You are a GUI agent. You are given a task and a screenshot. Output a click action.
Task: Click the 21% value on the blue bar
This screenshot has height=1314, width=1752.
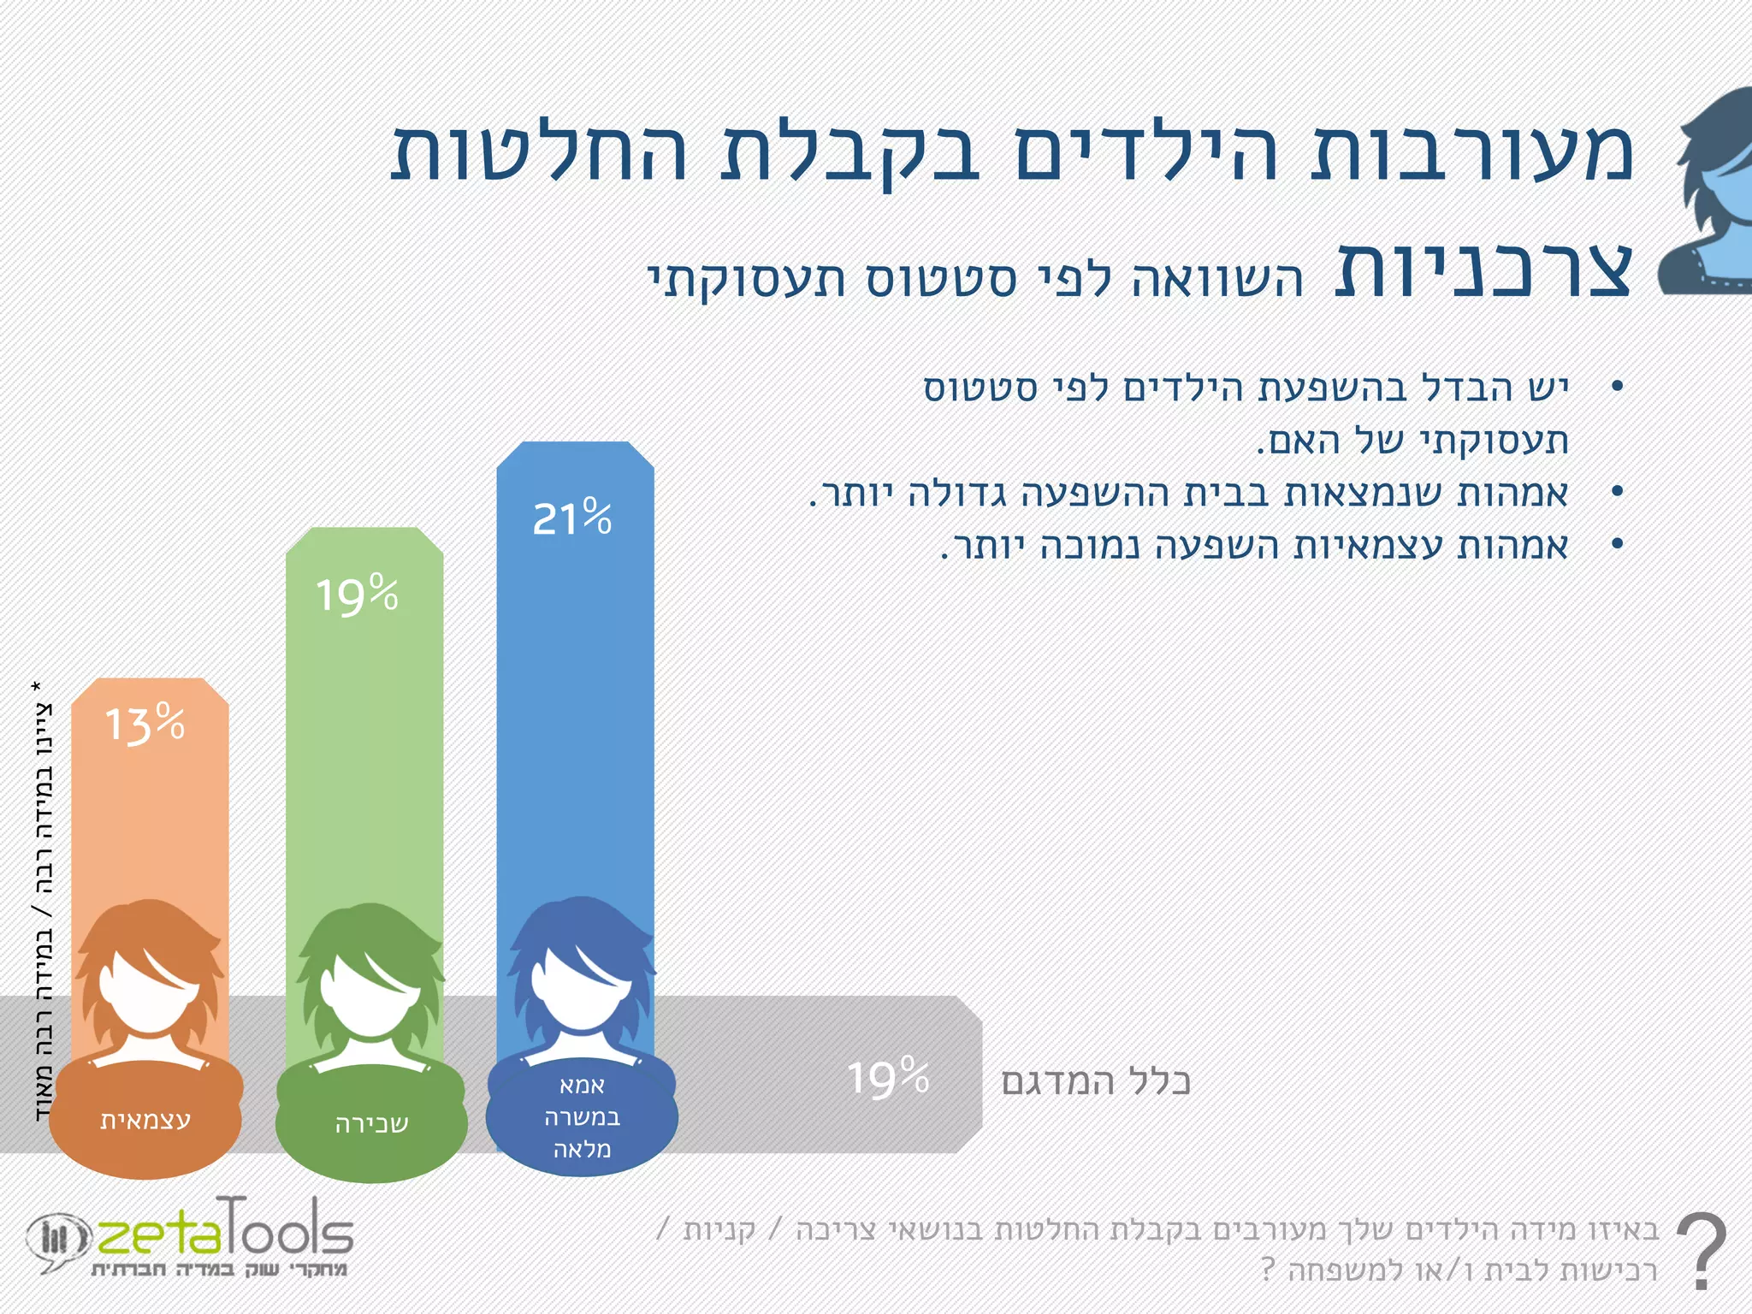(x=571, y=518)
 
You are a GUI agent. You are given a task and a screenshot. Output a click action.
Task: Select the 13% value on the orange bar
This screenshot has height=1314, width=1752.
(x=145, y=725)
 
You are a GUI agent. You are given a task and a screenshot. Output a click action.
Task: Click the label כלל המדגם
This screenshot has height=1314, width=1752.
(x=1096, y=1082)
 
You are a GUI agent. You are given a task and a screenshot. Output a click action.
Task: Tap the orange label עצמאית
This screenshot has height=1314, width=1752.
(x=145, y=1121)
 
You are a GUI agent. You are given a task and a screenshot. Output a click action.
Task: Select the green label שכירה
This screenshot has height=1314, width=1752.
(x=371, y=1124)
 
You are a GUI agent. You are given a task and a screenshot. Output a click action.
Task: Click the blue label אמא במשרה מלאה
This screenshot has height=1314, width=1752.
(x=582, y=1117)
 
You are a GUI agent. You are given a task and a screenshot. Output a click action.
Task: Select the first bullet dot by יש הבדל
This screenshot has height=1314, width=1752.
(x=1616, y=388)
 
